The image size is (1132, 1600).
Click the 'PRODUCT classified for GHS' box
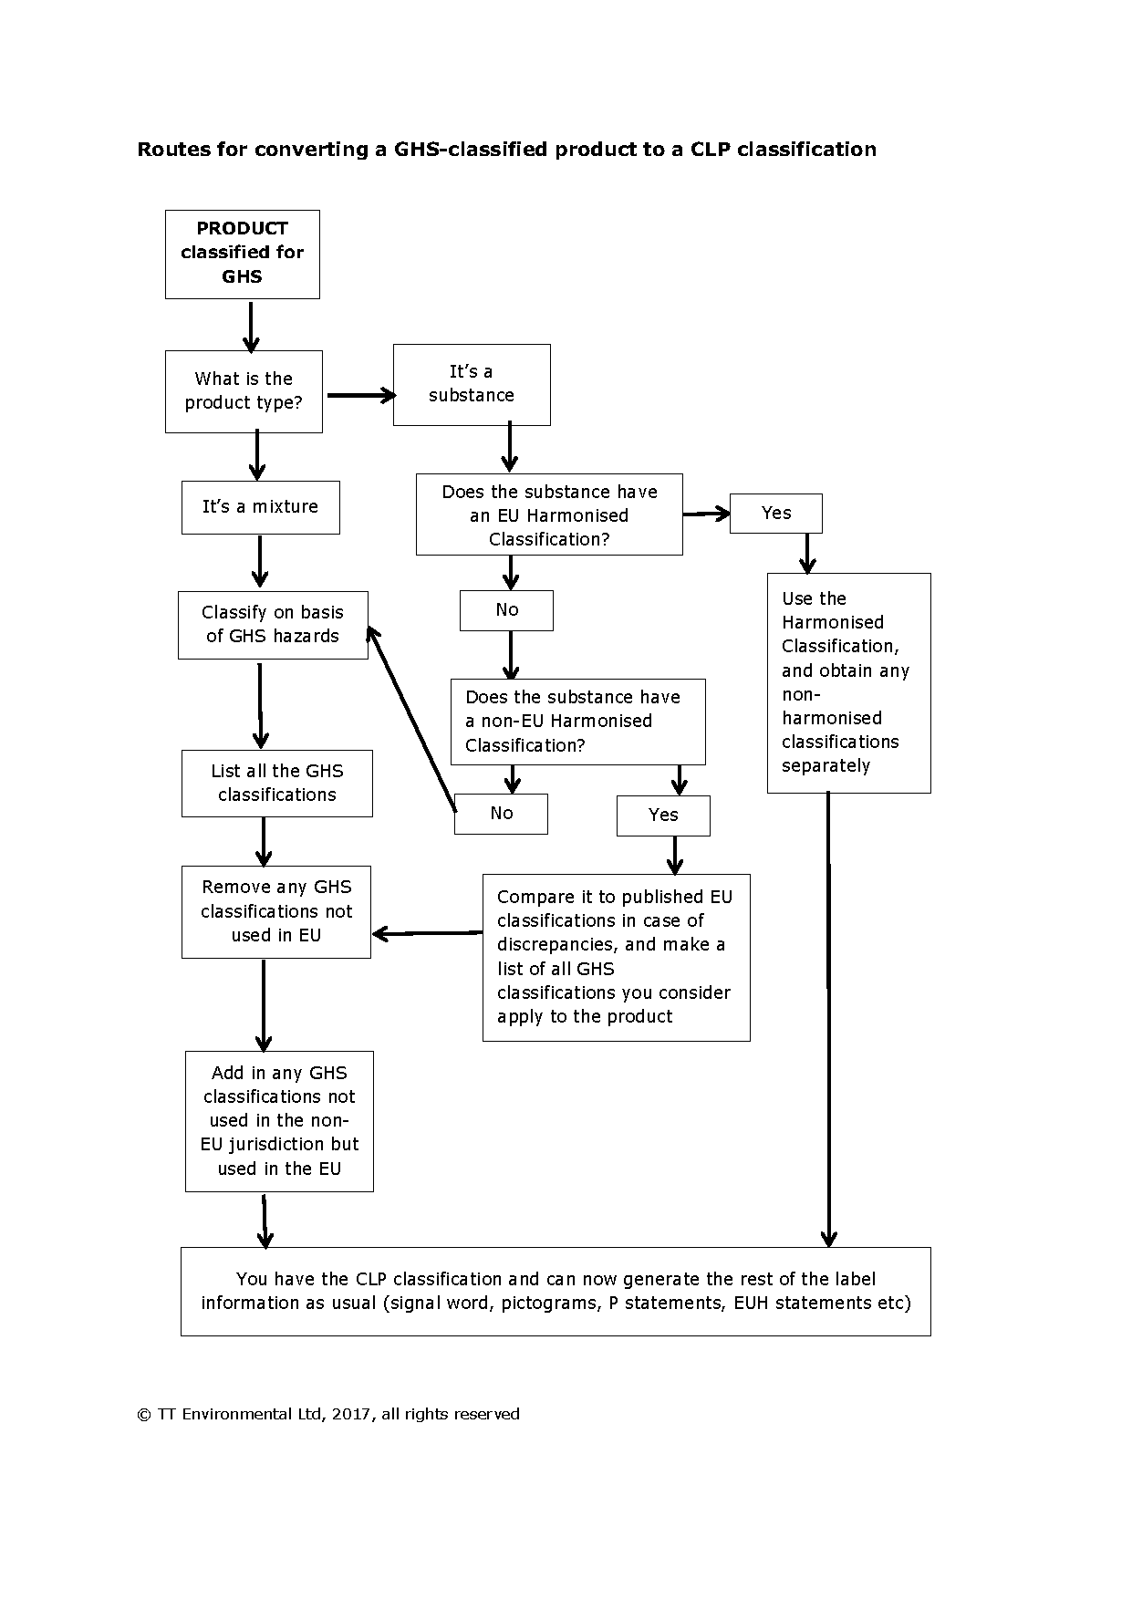click(x=242, y=254)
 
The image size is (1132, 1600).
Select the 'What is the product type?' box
click(x=244, y=391)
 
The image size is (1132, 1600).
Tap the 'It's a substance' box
click(x=472, y=384)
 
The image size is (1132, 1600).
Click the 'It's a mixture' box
click(x=260, y=507)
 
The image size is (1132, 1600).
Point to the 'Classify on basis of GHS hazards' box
click(x=273, y=625)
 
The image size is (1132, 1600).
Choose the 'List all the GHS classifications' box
click(x=276, y=783)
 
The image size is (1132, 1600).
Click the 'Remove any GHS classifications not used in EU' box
click(x=276, y=911)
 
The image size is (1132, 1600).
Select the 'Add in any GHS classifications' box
click(x=279, y=1121)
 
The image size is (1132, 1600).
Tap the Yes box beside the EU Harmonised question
click(x=775, y=514)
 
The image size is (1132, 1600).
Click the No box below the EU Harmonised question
click(x=506, y=610)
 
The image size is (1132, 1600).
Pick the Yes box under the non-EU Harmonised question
click(x=663, y=816)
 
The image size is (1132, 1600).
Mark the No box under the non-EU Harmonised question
click(x=501, y=814)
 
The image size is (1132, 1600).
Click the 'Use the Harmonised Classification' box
click(x=848, y=682)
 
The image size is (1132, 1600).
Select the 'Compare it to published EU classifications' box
click(x=616, y=957)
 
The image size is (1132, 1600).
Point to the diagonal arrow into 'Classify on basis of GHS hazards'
click(x=411, y=719)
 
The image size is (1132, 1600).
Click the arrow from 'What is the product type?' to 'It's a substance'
click(x=361, y=395)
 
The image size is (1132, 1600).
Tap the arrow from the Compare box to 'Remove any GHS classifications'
click(x=427, y=933)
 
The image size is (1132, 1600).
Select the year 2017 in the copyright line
click(x=351, y=1414)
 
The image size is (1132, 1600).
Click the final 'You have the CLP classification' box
click(x=556, y=1291)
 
